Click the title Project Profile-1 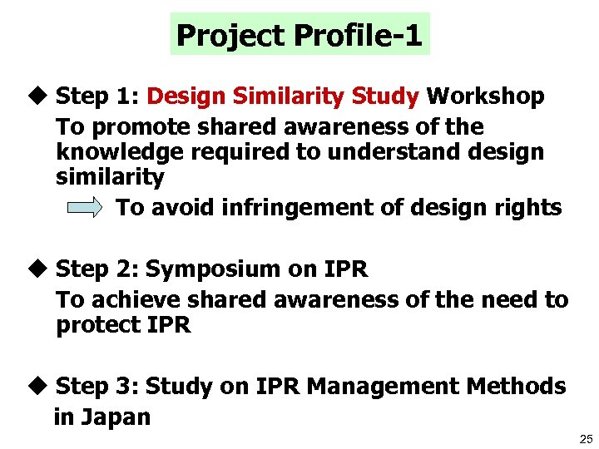[x=299, y=35]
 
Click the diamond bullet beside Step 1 [x=40, y=96]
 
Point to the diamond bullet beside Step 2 [x=40, y=269]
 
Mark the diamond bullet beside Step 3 [x=40, y=387]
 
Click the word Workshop [x=485, y=96]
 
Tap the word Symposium [x=214, y=269]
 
